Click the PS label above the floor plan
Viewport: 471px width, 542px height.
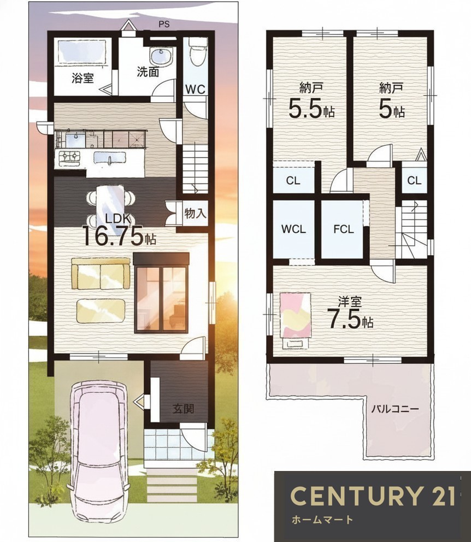point(164,25)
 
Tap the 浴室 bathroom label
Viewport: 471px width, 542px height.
point(83,78)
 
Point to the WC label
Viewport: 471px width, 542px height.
point(195,89)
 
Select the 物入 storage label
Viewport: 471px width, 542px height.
point(195,213)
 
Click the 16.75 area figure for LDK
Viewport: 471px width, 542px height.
point(113,235)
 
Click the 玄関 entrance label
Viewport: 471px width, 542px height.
point(183,409)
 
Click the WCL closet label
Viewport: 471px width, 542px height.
point(293,229)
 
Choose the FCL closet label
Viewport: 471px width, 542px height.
point(344,229)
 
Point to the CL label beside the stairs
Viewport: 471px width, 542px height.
point(414,180)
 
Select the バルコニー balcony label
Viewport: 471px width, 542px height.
point(395,409)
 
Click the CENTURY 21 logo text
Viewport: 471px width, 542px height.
point(372,496)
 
